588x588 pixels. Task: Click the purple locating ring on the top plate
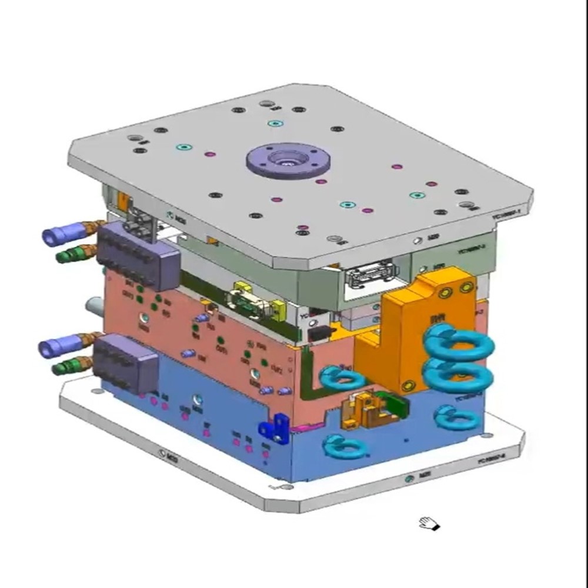(288, 160)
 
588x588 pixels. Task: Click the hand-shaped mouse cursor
(429, 523)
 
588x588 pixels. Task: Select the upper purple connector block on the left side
(138, 258)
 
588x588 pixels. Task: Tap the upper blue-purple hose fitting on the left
(59, 236)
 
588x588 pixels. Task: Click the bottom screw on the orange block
(406, 386)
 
